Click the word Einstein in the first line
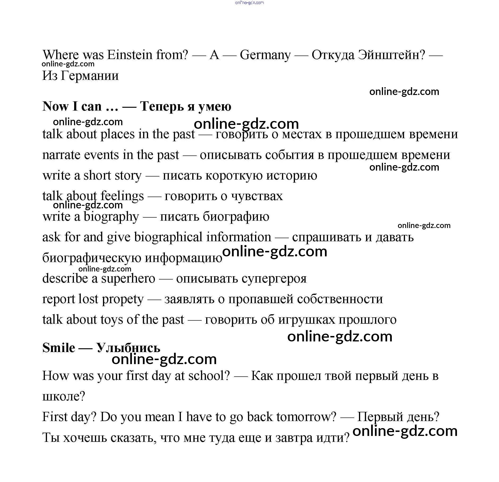point(130,55)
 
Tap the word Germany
point(265,55)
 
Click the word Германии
point(90,76)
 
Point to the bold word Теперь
point(162,106)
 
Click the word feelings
point(122,196)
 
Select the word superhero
point(128,278)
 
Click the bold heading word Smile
point(59,348)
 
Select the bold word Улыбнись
point(128,348)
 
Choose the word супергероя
point(274,278)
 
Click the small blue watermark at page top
point(249,3)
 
